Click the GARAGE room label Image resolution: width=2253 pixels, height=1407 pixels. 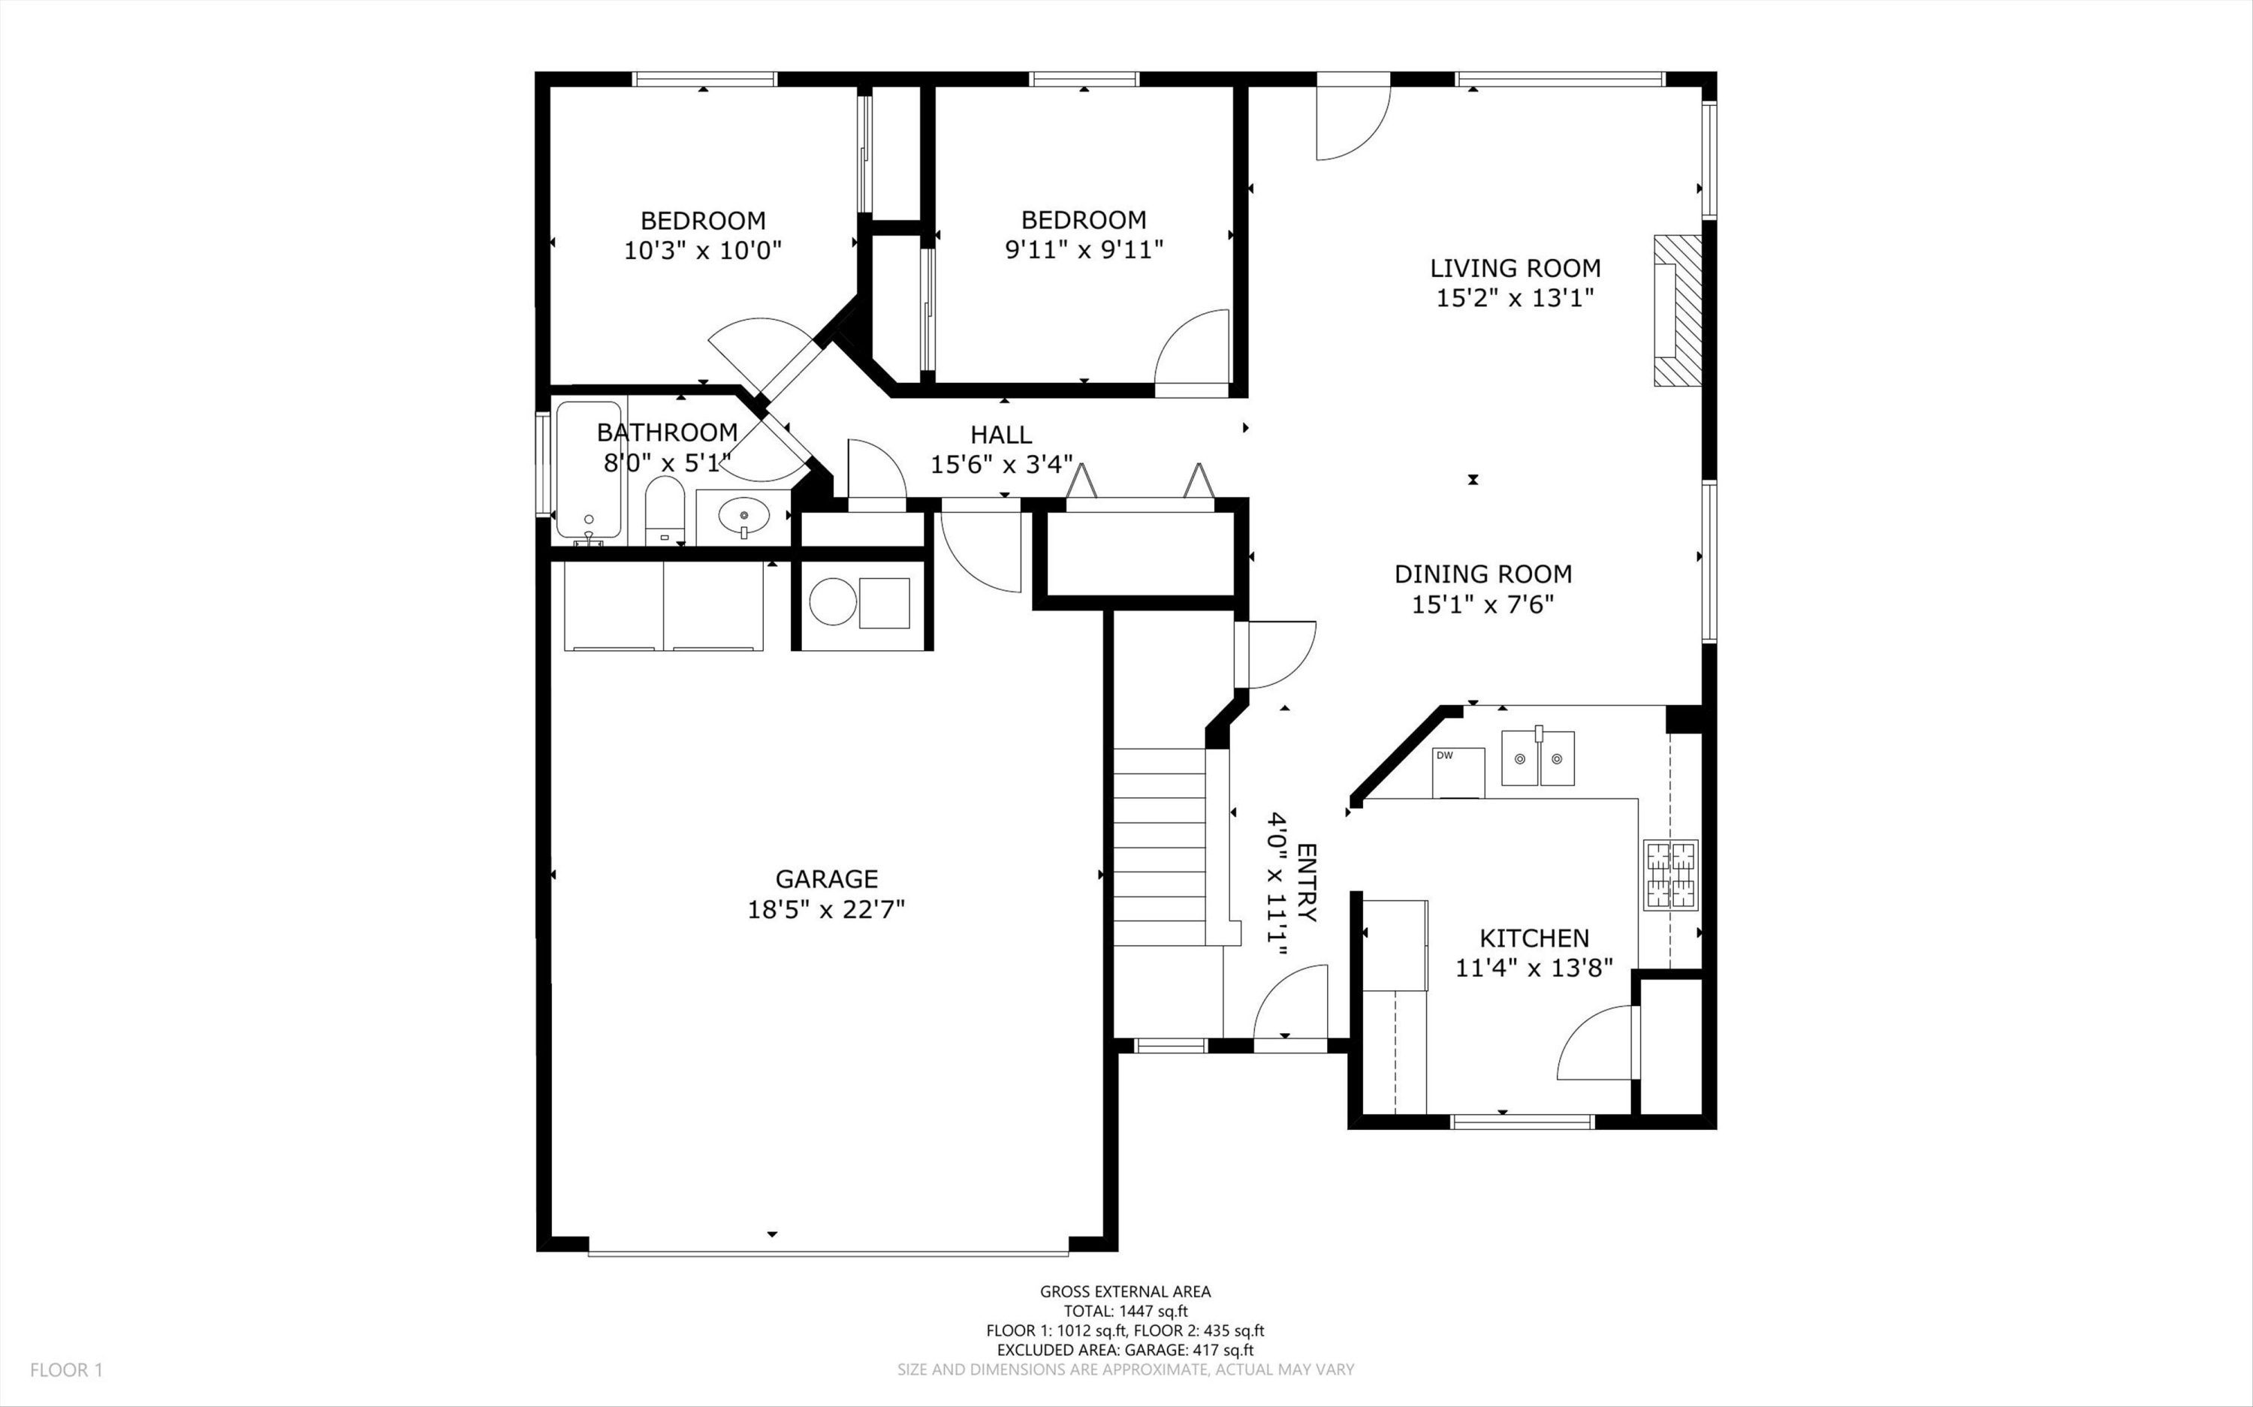(x=826, y=878)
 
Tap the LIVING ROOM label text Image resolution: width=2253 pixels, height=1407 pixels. (x=1515, y=268)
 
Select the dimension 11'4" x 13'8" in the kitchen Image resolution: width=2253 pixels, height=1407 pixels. (x=1534, y=969)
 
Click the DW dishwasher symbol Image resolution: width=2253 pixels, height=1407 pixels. (x=1458, y=773)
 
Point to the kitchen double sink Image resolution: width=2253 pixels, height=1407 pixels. (x=1537, y=758)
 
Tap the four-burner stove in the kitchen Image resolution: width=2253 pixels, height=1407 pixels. (x=1670, y=875)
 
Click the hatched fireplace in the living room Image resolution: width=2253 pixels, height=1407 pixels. (x=1677, y=310)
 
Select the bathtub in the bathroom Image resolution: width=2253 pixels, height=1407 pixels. (x=588, y=470)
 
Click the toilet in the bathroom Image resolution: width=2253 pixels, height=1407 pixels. (x=665, y=510)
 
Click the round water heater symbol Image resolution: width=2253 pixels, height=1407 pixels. (x=832, y=601)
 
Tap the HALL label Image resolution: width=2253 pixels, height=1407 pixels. (x=1001, y=435)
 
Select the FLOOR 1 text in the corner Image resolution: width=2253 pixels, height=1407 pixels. (x=66, y=1369)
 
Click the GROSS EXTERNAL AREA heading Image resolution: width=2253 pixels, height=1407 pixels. (x=1125, y=1291)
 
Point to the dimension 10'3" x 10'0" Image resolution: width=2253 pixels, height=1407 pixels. (x=703, y=250)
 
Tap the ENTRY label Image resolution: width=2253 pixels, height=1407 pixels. (x=1307, y=882)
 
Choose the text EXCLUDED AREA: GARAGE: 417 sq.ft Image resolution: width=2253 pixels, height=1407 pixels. (x=1125, y=1350)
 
